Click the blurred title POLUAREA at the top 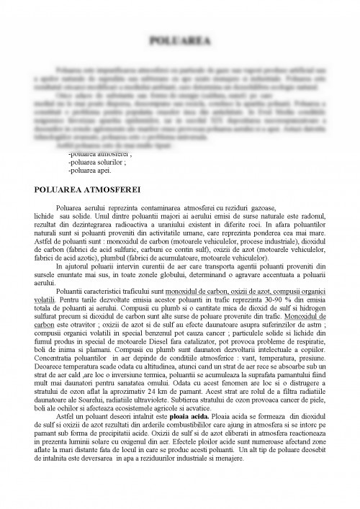[x=179, y=42]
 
